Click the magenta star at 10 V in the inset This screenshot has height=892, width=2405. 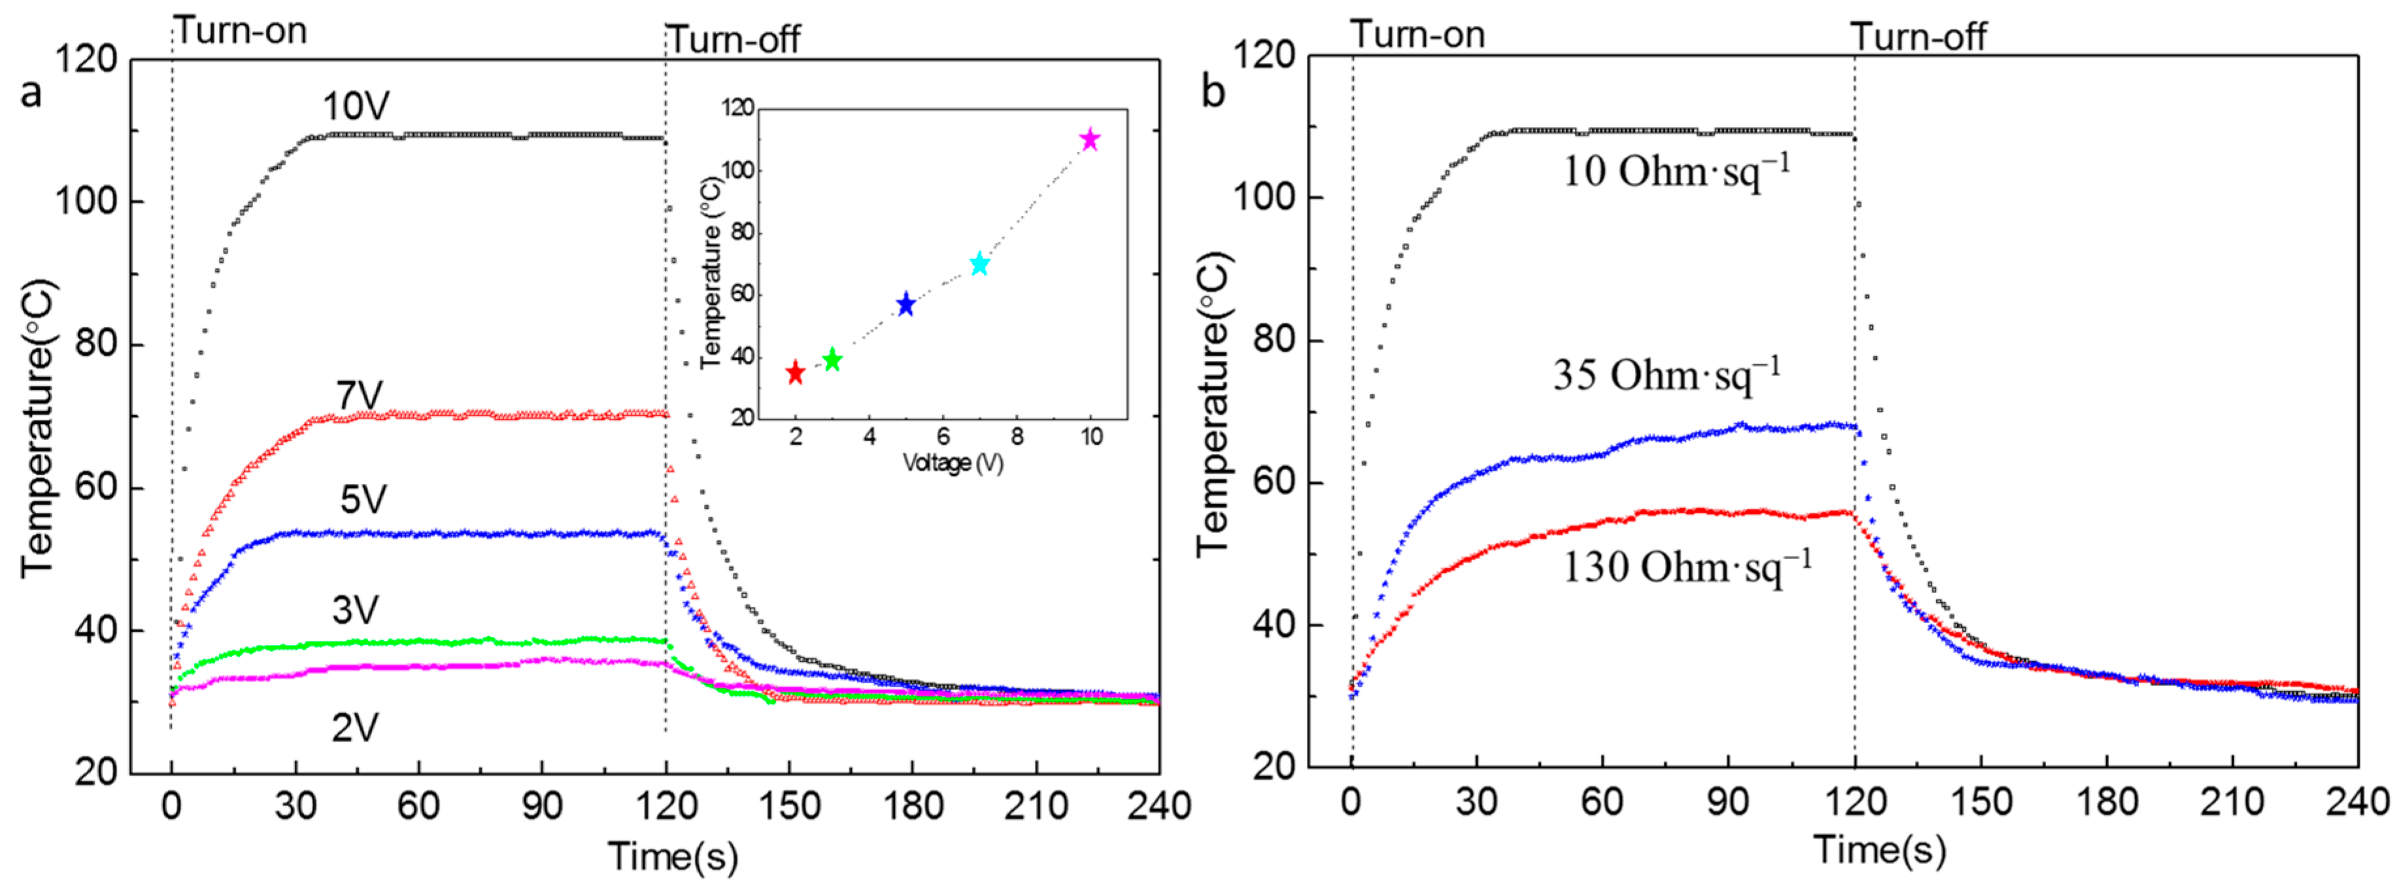point(1090,140)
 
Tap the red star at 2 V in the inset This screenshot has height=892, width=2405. point(796,373)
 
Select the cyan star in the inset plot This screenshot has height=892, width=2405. point(979,264)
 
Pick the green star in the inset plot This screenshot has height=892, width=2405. point(832,360)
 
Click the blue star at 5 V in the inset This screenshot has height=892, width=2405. point(905,305)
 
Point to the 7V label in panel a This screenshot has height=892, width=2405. point(360,396)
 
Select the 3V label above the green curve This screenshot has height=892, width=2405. point(355,610)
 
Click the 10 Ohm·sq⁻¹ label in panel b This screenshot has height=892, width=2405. point(1677,171)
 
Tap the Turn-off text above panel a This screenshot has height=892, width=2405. point(734,39)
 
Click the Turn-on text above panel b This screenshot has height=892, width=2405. point(1417,35)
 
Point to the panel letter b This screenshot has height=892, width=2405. point(1213,92)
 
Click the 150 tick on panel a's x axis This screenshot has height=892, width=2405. point(790,805)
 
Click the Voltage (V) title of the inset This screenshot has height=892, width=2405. point(952,462)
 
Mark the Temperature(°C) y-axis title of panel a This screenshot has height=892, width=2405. point(39,428)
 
